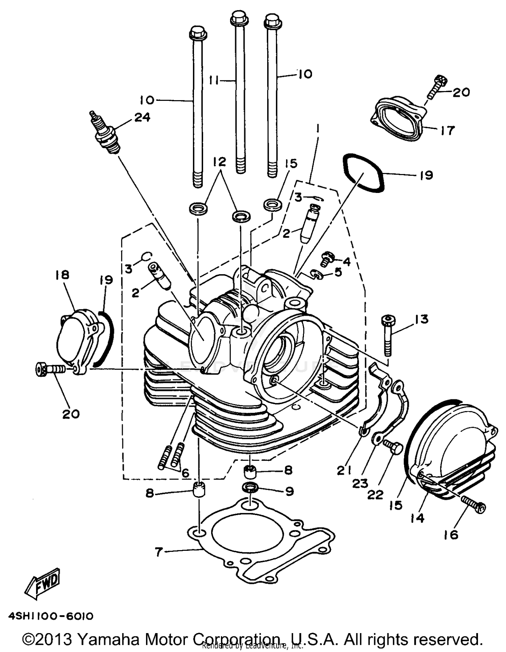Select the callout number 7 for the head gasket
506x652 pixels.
coord(159,552)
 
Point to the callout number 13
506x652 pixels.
coord(422,319)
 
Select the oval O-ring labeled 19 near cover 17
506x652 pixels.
coord(363,173)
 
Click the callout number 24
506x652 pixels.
coord(142,117)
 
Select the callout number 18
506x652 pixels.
coord(62,275)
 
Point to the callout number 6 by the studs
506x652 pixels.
coord(185,473)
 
